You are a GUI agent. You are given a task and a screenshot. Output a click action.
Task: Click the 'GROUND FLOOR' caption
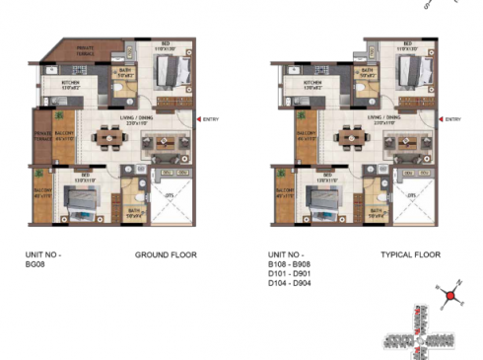tap(166, 254)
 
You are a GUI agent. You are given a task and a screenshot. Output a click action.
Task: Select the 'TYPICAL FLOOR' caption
tap(410, 254)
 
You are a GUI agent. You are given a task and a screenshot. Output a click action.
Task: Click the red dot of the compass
tap(449, 294)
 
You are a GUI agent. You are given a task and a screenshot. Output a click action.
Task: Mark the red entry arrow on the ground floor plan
tap(199, 120)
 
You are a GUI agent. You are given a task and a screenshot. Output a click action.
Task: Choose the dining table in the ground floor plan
tap(110, 138)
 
